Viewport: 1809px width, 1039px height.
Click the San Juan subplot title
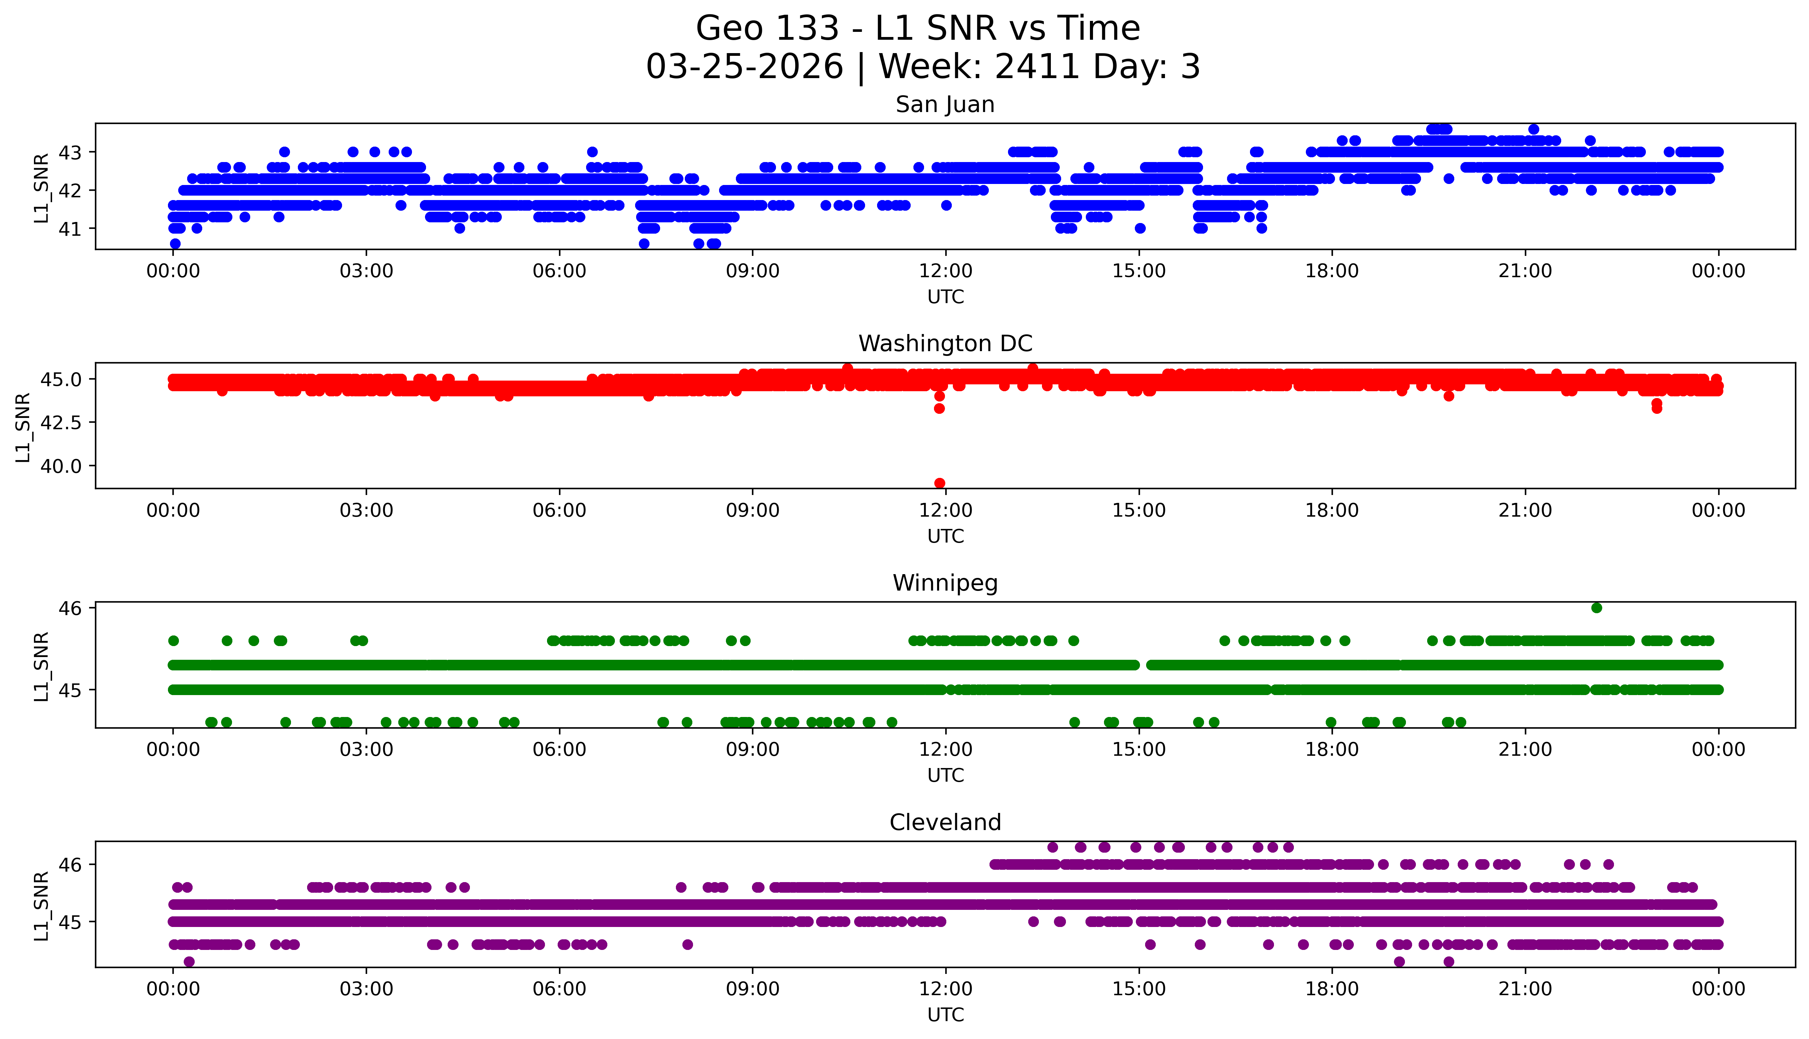[x=945, y=105]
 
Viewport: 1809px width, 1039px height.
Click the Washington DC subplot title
[x=945, y=344]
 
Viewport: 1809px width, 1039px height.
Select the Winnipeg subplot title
[x=945, y=583]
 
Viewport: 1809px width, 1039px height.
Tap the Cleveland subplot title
[x=945, y=823]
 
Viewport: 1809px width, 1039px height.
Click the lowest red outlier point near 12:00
[x=939, y=483]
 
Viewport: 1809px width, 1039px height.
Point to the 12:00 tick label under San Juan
[x=945, y=271]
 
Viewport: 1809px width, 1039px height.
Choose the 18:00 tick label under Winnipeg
[x=1332, y=750]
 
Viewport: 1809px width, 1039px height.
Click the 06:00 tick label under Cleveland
[x=559, y=989]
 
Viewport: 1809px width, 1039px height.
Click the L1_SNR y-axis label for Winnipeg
[x=41, y=667]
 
